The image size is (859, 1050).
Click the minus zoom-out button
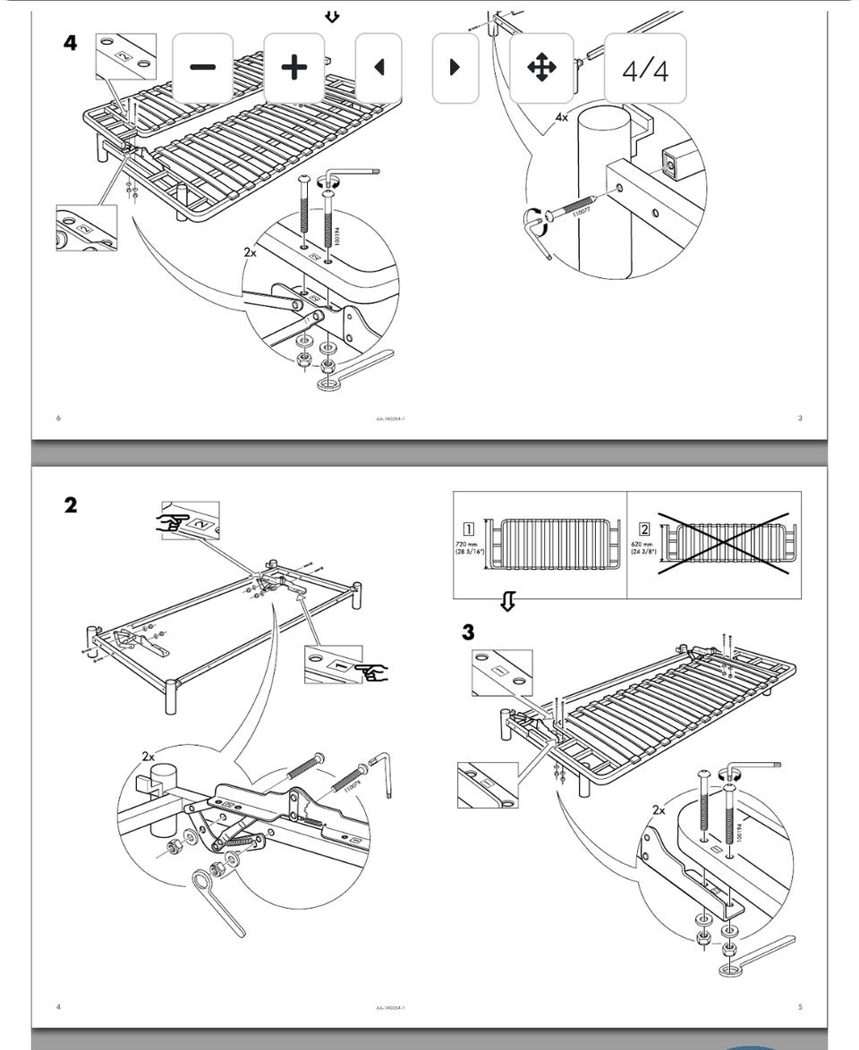pos(202,68)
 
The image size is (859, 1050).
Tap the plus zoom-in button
pos(293,68)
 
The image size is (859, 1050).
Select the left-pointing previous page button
pos(378,68)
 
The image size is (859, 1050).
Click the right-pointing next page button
pos(455,68)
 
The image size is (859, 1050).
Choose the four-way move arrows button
pos(541,68)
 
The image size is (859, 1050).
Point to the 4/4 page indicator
pos(645,70)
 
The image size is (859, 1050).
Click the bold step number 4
pos(71,42)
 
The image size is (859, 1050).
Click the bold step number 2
pos(71,505)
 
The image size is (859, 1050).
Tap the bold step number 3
pos(468,632)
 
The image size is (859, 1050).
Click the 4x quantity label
pos(561,117)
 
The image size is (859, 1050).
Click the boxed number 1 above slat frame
pos(468,528)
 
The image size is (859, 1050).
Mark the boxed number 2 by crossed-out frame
pos(644,528)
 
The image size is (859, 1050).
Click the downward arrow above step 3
pos(507,603)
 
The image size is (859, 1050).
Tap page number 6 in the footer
pos(58,418)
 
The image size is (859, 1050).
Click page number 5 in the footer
pos(800,1007)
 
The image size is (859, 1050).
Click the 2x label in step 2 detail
pos(148,756)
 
